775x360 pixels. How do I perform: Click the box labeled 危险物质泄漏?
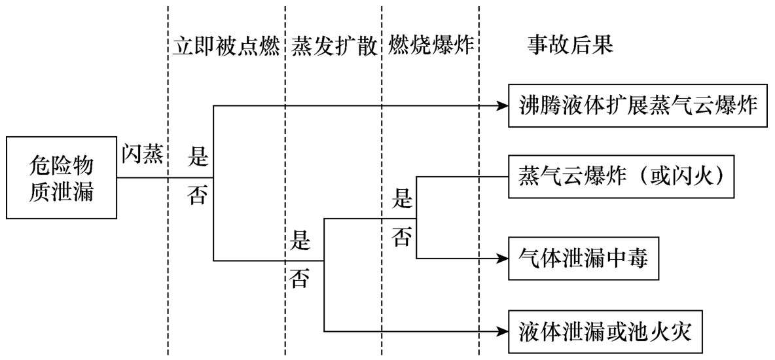[x=62, y=177]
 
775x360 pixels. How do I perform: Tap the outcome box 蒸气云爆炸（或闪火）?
[x=620, y=177]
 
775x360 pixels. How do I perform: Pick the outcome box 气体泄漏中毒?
[x=583, y=259]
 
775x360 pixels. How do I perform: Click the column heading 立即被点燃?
[x=226, y=46]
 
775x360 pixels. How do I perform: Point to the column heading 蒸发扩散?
[x=334, y=46]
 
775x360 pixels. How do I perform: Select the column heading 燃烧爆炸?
[x=431, y=46]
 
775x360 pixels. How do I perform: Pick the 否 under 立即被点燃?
[x=198, y=196]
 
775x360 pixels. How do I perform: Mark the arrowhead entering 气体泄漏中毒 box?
[x=503, y=259]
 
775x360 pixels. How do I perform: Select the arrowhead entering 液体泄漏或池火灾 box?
[x=503, y=331]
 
